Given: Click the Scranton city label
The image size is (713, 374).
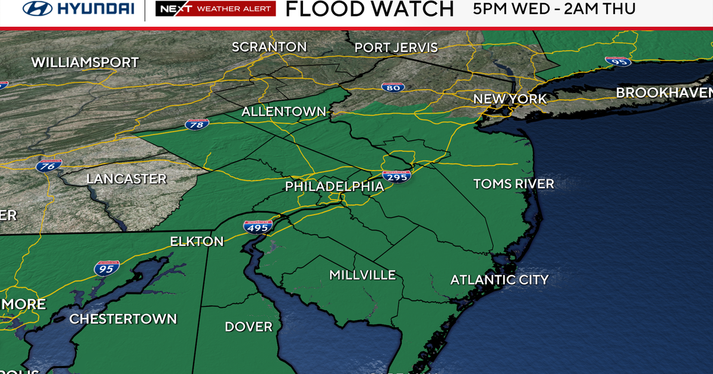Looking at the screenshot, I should coord(269,47).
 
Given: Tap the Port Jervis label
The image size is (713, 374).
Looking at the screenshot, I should coord(396,48).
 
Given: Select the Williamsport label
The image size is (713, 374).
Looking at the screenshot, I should coord(85,62).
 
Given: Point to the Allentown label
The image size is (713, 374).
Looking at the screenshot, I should coord(284,112).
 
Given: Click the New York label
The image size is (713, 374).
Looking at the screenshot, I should coord(510,99).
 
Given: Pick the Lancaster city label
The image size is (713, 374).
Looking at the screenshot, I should coord(127,179).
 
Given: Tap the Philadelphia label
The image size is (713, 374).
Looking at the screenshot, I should coord(335,186).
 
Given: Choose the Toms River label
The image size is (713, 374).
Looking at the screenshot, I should coord(513,184).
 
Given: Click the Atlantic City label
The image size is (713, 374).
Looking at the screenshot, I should coord(499,280).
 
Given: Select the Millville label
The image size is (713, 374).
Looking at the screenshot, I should coord(362,275).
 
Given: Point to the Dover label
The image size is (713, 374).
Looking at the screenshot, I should coord(248,327).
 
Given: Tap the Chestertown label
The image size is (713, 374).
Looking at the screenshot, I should coord(123,319).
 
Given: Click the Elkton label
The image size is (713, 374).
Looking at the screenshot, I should coord(197,242).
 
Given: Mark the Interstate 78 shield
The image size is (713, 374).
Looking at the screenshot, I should coord(197,125).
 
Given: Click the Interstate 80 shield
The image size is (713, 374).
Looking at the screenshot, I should coord(393,87).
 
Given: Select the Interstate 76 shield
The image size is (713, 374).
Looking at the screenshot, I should coord(49,166).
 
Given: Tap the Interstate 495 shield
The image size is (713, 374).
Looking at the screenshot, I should coord(257,226).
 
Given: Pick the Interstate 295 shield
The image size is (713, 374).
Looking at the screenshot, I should coord(397,176).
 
